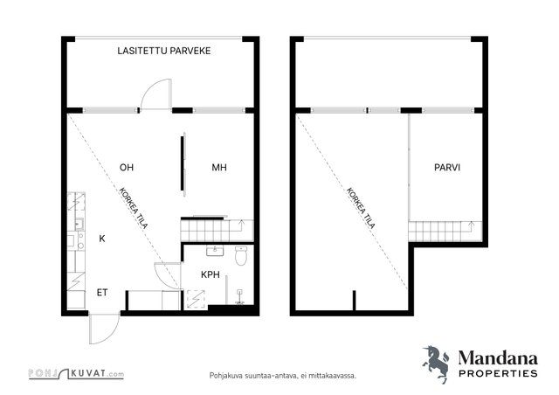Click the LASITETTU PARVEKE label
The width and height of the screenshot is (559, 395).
pos(164,51)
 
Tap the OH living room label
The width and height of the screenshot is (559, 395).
pos(126,167)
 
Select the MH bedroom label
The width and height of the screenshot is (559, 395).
pos(219,167)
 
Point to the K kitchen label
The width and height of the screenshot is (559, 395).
pos(102,239)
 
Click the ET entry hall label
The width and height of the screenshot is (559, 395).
pos(102,293)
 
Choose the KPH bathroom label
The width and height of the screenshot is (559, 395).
pos(210,274)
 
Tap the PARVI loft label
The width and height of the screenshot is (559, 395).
pos(447,167)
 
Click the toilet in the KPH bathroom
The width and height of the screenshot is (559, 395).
pos(241,255)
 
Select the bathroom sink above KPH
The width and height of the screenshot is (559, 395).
pos(215,251)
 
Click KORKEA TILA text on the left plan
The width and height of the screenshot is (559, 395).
pos(134,208)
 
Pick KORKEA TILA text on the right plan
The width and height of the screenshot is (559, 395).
pos(361,208)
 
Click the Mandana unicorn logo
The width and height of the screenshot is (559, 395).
pos(436,364)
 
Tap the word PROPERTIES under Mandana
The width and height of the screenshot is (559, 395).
pos(498,374)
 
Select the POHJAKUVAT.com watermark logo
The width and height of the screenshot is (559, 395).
pos(76,374)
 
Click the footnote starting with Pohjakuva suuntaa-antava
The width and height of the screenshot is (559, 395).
pos(283,376)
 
